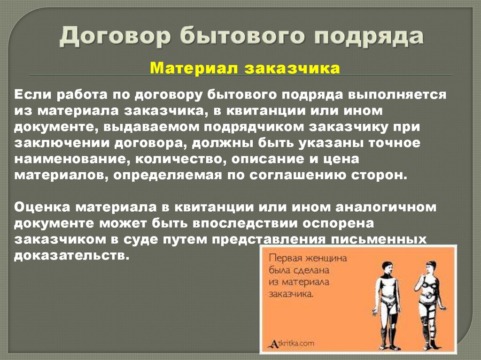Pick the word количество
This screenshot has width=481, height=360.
[176, 159]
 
